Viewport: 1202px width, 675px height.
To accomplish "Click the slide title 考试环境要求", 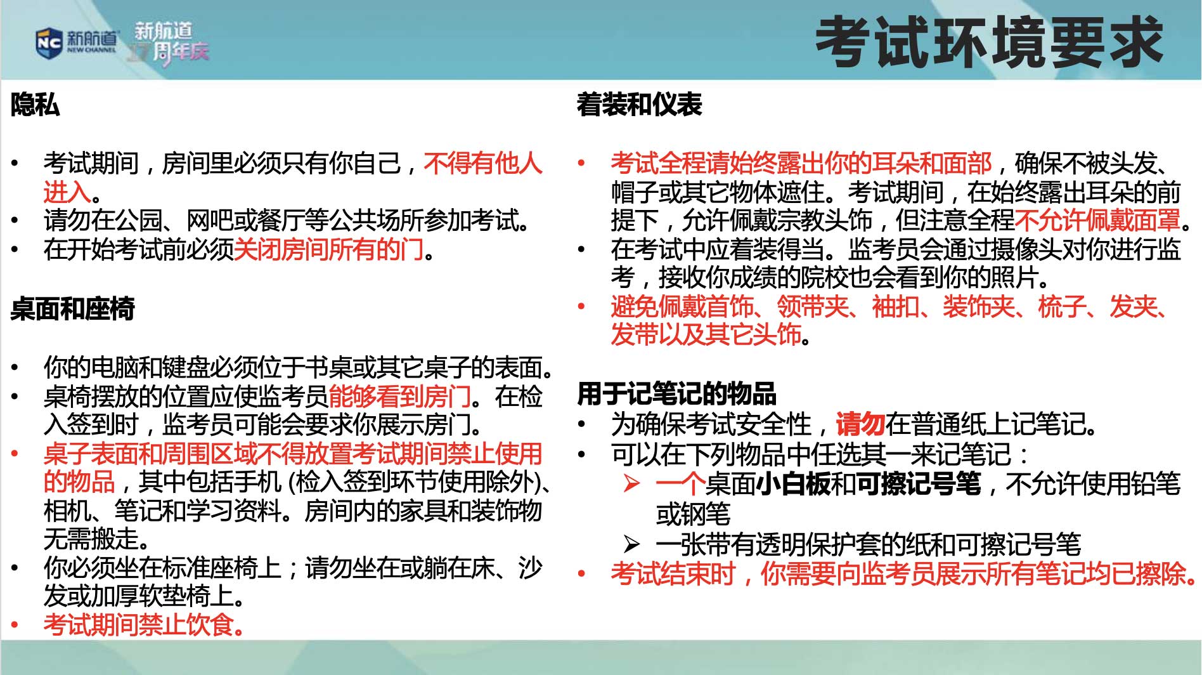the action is [989, 43].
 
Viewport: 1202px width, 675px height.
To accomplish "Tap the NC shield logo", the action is [49, 43].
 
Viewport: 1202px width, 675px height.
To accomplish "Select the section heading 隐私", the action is [35, 105].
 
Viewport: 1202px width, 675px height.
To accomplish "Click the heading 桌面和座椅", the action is [73, 309].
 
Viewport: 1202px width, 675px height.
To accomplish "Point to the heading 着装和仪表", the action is [639, 105].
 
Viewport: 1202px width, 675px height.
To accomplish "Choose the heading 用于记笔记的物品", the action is [676, 394].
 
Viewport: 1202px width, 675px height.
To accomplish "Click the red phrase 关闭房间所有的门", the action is [329, 249].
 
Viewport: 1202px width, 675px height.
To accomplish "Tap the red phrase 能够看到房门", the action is [400, 396].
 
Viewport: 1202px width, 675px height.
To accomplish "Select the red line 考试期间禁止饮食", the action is [144, 625].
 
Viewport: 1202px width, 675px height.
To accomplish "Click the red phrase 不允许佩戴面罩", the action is [1098, 220].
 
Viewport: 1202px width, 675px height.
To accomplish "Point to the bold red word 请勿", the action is [860, 424].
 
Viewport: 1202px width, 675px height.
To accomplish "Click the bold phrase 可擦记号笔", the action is [918, 484].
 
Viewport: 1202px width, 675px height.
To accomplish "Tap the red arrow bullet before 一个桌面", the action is [631, 484].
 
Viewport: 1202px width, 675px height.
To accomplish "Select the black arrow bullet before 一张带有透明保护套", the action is [631, 544].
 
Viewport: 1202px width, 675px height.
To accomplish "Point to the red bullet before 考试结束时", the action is [581, 573].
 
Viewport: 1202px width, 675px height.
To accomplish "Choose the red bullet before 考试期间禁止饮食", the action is [15, 626].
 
